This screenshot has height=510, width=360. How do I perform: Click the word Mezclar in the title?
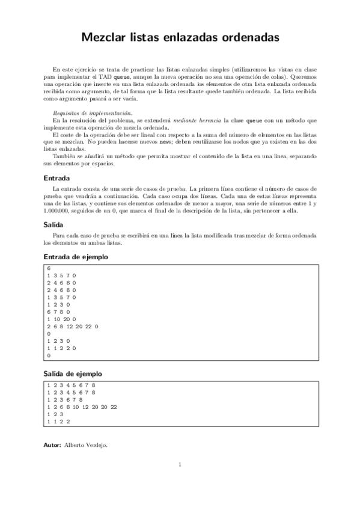tap(103, 38)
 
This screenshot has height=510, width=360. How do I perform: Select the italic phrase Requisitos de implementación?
tap(90, 112)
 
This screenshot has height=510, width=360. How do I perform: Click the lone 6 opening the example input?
tap(48, 268)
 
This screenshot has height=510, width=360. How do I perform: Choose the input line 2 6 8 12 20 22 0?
tap(72, 326)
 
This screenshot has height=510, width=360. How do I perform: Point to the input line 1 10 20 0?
tap(62, 319)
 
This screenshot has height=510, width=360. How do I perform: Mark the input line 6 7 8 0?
tap(59, 312)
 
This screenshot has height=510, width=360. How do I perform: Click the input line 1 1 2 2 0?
tap(61, 348)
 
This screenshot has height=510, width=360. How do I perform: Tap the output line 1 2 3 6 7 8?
tap(64, 399)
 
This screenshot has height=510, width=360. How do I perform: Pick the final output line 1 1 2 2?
tap(59, 421)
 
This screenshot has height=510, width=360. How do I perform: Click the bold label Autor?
tap(53, 445)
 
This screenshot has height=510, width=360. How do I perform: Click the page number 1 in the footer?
tap(180, 464)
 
